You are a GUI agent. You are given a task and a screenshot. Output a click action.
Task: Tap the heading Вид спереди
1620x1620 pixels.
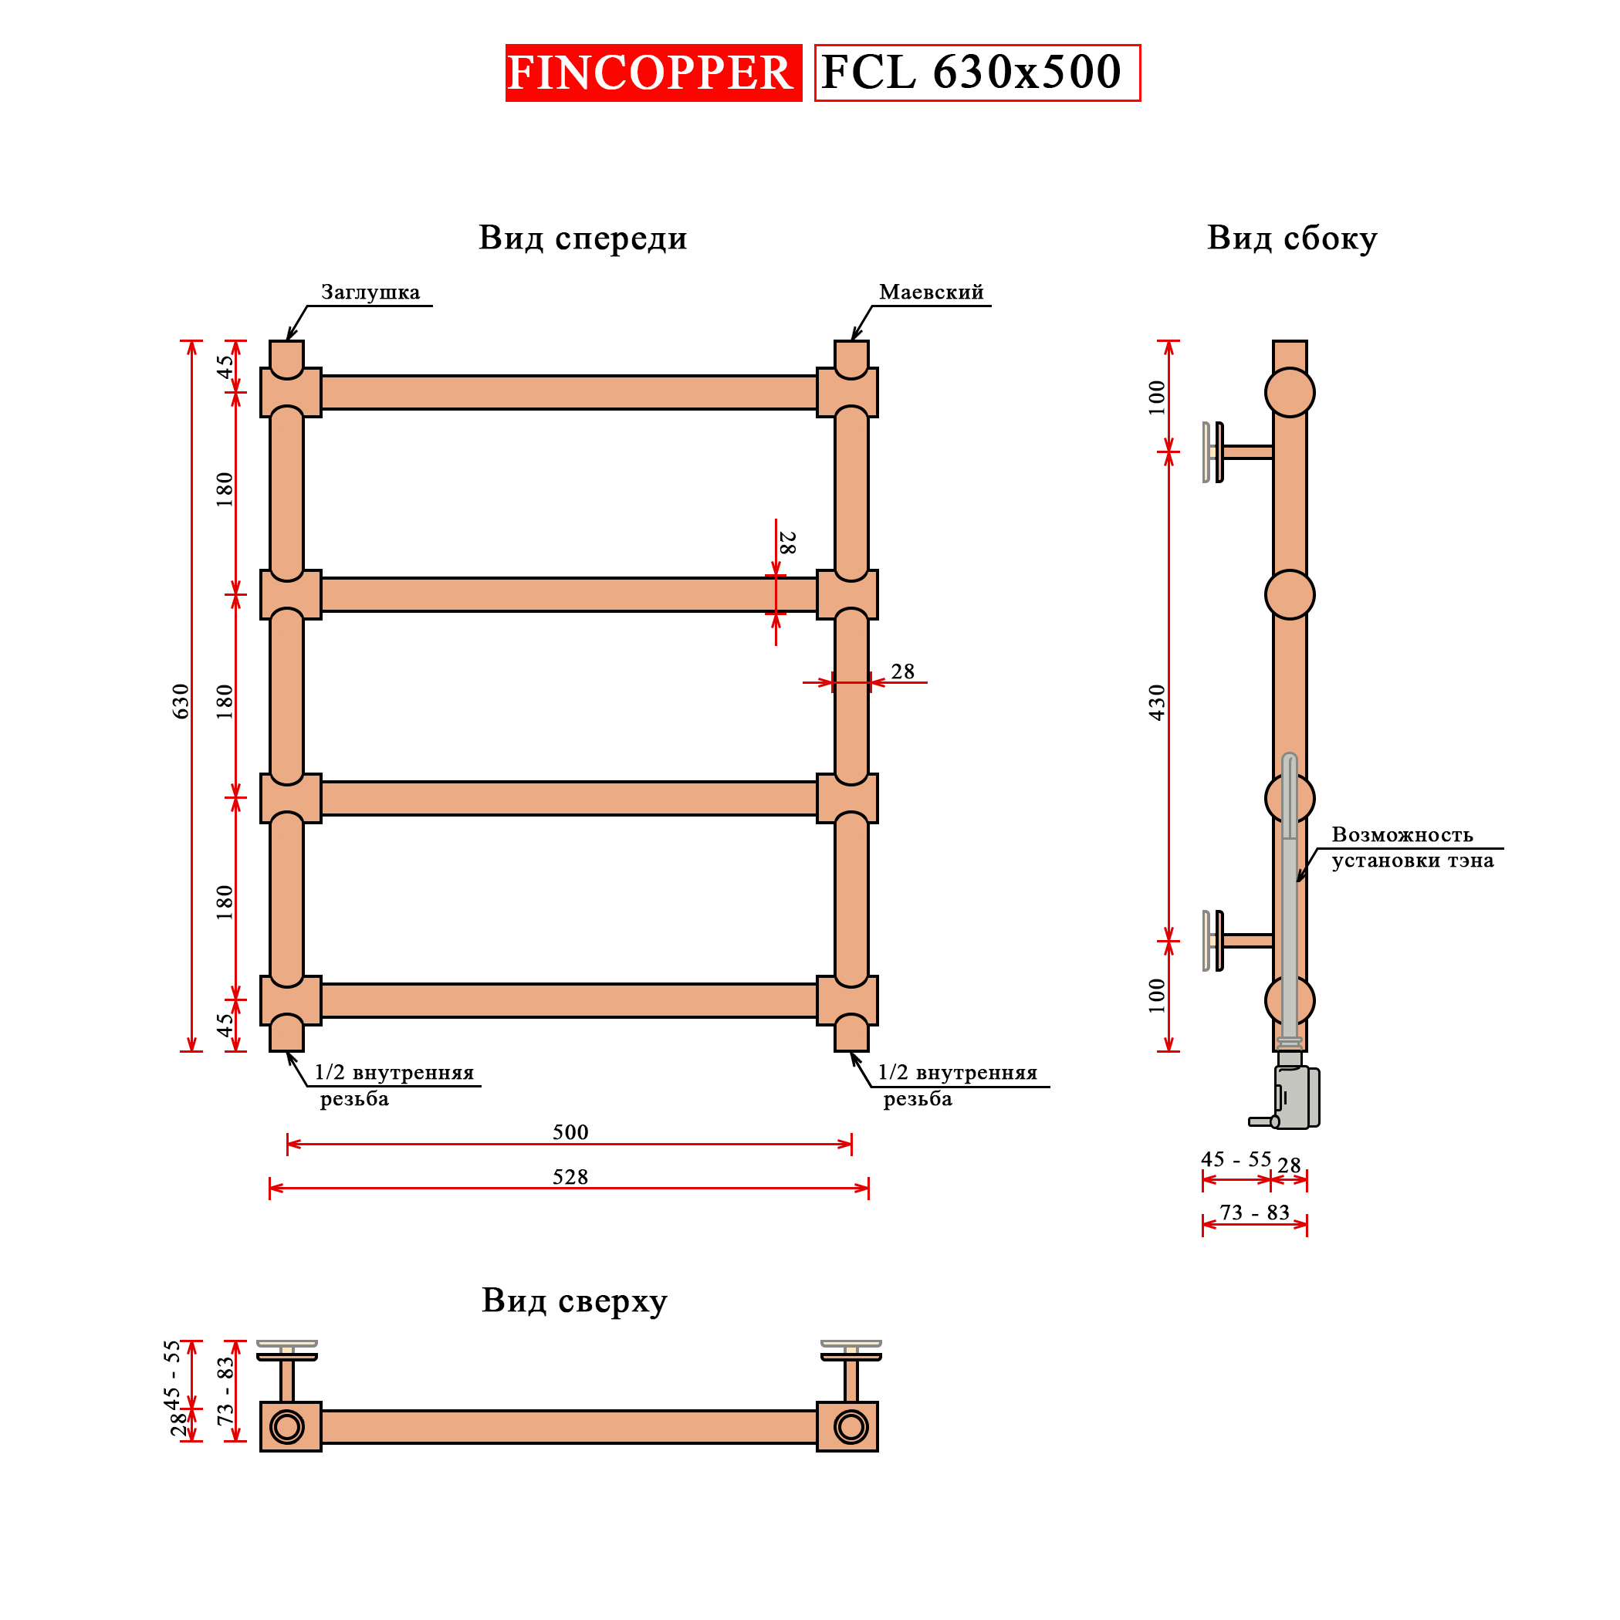coord(583,238)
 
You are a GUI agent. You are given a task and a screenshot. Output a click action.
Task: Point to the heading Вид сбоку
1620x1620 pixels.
coord(1291,238)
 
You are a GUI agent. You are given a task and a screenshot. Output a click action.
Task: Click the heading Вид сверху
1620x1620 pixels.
coord(574,1300)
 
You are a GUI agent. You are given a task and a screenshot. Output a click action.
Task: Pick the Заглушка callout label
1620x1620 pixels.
coord(370,293)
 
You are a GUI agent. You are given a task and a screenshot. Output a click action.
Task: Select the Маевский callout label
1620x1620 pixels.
coord(931,293)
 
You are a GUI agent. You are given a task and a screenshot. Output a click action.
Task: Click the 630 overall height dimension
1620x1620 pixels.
coord(181,701)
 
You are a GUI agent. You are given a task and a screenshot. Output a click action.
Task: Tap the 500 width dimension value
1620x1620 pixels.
coord(570,1132)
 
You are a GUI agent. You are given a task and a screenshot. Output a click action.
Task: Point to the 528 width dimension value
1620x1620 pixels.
coord(570,1177)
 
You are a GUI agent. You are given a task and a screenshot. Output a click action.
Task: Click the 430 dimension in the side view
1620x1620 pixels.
coord(1157,702)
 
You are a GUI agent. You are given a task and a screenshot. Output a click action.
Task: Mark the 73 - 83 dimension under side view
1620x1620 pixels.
coord(1254,1212)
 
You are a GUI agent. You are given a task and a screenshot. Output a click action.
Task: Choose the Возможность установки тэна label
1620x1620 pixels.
coord(1412,847)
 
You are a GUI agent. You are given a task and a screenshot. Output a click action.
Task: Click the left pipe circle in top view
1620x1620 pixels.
coord(287,1426)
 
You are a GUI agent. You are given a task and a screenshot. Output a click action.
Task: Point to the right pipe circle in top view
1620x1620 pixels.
coord(851,1426)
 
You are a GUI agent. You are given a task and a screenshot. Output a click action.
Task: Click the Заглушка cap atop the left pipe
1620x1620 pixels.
coord(287,357)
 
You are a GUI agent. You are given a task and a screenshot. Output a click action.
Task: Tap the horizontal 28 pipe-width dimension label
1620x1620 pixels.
coord(902,671)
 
